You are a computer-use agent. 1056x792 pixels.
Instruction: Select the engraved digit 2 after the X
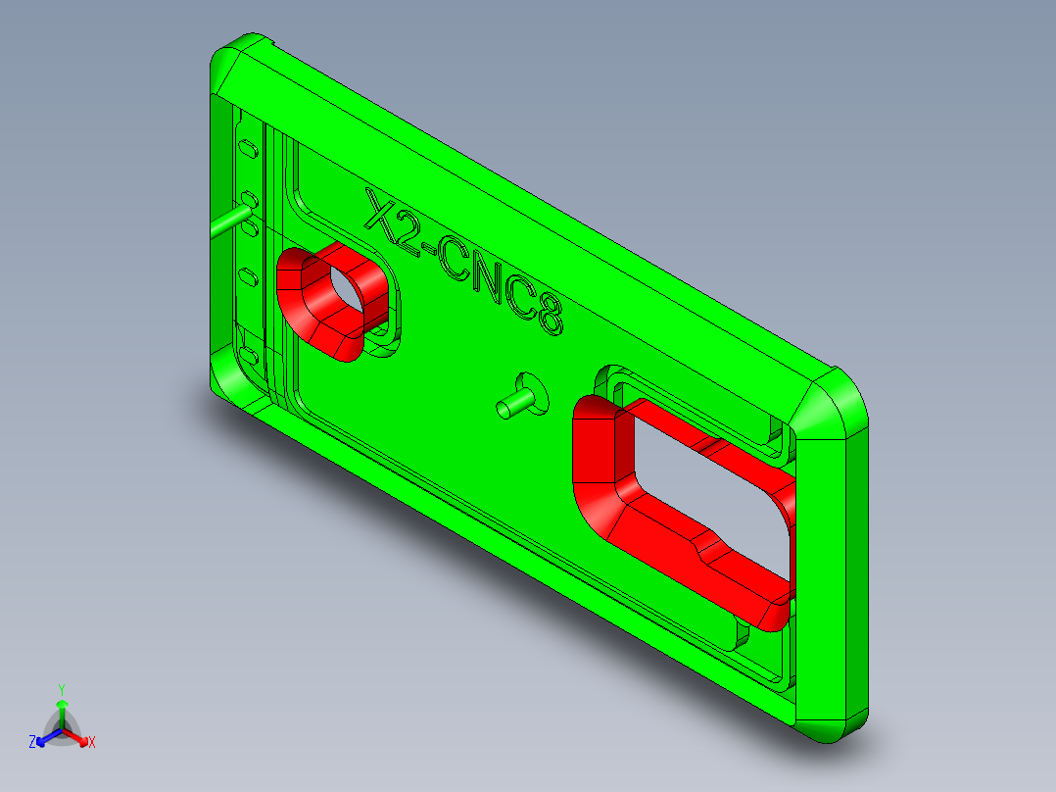(408, 233)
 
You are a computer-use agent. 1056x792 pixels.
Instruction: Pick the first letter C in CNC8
(457, 265)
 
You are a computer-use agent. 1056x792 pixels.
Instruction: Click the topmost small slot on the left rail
(249, 149)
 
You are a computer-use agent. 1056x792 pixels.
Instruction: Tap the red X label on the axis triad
(92, 743)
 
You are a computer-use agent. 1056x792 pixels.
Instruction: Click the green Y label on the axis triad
(62, 689)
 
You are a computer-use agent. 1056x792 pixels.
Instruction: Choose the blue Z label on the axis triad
(32, 743)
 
